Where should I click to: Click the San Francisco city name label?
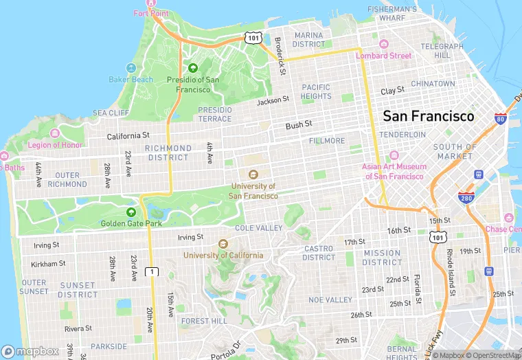click(428, 116)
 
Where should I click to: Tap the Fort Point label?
click(151, 13)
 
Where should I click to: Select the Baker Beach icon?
click(130, 69)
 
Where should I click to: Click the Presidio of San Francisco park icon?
click(193, 68)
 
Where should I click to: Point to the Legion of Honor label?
click(55, 144)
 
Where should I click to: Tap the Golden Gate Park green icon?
click(131, 212)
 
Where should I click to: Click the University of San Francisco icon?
click(253, 175)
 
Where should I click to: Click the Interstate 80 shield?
click(500, 119)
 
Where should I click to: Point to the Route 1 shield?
click(152, 272)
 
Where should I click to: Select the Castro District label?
click(319, 253)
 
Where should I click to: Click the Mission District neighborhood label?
click(382, 258)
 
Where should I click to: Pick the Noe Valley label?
click(330, 300)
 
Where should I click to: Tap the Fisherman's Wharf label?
click(392, 13)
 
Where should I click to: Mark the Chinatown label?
click(433, 84)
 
